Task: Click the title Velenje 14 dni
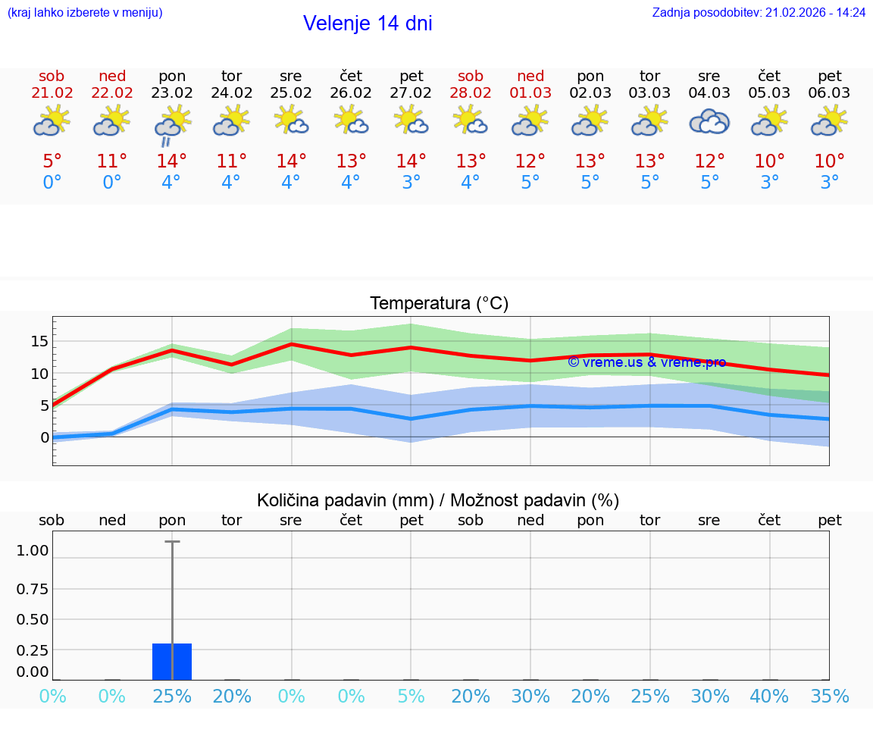pyautogui.click(x=368, y=23)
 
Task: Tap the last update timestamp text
pyautogui.click(x=759, y=13)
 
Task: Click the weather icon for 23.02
pyautogui.click(x=172, y=124)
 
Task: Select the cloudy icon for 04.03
pyautogui.click(x=709, y=121)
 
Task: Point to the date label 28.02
pyautogui.click(x=471, y=93)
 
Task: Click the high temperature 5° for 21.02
pyautogui.click(x=52, y=161)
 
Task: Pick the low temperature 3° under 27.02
pyautogui.click(x=411, y=183)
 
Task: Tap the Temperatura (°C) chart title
pyautogui.click(x=439, y=304)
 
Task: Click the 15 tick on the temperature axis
pyautogui.click(x=39, y=341)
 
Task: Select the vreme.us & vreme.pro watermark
pyautogui.click(x=646, y=362)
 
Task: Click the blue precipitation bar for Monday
pyautogui.click(x=172, y=661)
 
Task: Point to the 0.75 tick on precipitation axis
pyautogui.click(x=33, y=589)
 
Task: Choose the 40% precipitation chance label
pyautogui.click(x=770, y=697)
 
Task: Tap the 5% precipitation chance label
pyautogui.click(x=411, y=697)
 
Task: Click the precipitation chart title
pyautogui.click(x=438, y=500)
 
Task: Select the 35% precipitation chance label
pyautogui.click(x=830, y=697)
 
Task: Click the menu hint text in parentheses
pyautogui.click(x=85, y=13)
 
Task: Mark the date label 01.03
pyautogui.click(x=530, y=93)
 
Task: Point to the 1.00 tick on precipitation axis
pyautogui.click(x=33, y=551)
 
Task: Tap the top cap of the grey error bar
pyautogui.click(x=172, y=542)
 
